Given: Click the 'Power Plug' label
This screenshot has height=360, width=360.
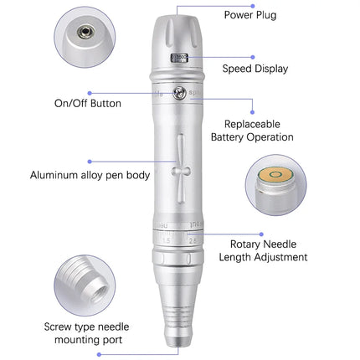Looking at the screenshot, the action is (x=250, y=15).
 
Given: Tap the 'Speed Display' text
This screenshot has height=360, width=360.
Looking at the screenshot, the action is (x=255, y=69).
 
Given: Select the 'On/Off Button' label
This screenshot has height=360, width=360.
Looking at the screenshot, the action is (x=88, y=103).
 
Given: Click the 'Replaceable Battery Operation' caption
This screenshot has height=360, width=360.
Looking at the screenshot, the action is (x=252, y=131).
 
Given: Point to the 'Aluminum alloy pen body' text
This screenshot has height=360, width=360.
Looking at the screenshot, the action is (x=90, y=175).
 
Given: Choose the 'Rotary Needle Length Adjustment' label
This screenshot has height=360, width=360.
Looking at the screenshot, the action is (x=263, y=250).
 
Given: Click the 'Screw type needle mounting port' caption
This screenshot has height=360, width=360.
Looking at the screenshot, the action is (x=86, y=333).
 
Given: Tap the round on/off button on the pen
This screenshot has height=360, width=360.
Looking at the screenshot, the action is (x=179, y=93).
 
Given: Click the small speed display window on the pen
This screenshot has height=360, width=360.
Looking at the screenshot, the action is (x=179, y=58).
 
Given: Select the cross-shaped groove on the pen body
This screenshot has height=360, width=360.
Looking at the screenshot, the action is (x=181, y=169).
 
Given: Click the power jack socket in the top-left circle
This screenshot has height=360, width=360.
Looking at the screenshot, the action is (x=86, y=32).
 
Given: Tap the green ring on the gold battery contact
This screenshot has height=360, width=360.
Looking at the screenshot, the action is (x=275, y=175).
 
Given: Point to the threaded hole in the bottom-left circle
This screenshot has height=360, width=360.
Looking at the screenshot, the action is (x=100, y=295).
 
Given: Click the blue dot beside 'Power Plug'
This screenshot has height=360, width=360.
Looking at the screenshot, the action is (x=253, y=6).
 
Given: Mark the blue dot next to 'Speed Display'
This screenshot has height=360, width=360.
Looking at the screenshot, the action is (x=253, y=57).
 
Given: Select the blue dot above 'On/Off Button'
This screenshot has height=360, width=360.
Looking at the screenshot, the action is (x=90, y=93).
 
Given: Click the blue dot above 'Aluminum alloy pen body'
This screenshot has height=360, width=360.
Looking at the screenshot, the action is (x=90, y=162).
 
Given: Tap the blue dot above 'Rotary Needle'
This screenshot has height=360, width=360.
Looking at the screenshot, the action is (x=261, y=234).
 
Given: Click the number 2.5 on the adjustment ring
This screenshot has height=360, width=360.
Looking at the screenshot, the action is (x=193, y=240).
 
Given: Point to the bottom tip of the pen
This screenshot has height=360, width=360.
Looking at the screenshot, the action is (x=178, y=346).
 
